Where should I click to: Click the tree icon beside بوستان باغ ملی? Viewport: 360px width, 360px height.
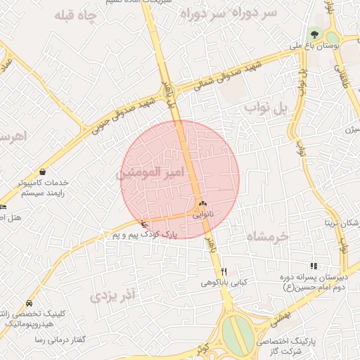pos(314,34)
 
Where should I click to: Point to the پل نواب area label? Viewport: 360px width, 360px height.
pos(266,108)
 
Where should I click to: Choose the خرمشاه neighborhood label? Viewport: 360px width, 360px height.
pos(268,237)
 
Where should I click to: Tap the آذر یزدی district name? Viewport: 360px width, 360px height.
pos(112,296)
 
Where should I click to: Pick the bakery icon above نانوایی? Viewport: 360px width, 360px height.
pos(202,204)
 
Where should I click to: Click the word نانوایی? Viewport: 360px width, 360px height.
pos(202,214)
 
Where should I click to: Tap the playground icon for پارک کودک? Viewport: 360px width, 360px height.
pos(145,223)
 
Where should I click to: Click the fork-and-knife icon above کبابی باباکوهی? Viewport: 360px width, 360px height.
pos(224,271)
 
